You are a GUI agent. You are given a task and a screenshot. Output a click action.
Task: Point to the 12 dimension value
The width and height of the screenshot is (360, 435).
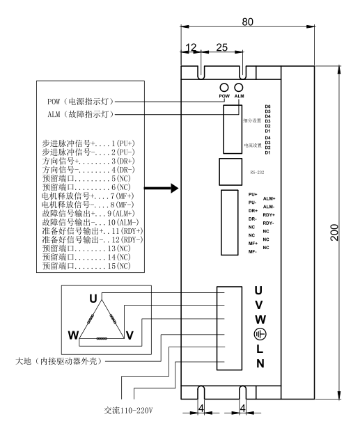click(x=191, y=47)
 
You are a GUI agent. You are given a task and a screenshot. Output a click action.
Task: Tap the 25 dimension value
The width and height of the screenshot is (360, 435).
click(x=221, y=47)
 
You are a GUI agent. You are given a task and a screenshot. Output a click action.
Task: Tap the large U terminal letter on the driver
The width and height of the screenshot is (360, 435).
click(x=259, y=290)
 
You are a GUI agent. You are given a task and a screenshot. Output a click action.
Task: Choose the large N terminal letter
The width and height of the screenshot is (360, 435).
click(x=259, y=364)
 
